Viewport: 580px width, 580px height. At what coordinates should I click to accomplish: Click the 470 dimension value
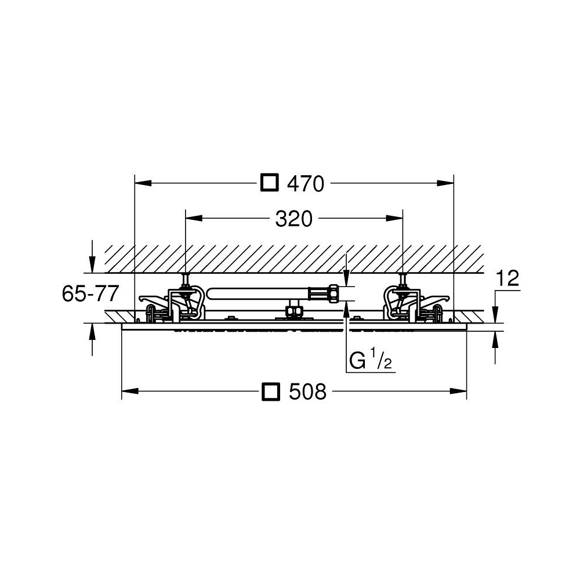[306, 183]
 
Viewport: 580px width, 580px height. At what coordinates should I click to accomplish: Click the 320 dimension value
[293, 219]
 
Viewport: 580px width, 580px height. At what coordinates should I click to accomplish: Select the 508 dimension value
[307, 391]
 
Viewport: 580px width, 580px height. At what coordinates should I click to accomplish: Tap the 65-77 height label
[90, 293]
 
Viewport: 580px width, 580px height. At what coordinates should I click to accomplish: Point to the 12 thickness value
[507, 278]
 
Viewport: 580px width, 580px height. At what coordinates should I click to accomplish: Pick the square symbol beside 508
[270, 391]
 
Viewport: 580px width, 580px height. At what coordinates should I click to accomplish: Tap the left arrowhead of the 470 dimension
[143, 183]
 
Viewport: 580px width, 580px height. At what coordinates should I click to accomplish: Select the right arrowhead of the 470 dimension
[445, 183]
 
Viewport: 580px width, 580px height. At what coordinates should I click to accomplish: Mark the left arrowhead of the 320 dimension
[194, 218]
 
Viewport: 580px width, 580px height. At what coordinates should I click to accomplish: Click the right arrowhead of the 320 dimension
[394, 218]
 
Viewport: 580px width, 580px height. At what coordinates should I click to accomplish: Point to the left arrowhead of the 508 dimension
[130, 391]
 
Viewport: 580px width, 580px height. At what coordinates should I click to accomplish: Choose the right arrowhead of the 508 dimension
[458, 391]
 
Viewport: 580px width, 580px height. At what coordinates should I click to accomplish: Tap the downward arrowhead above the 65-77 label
[92, 265]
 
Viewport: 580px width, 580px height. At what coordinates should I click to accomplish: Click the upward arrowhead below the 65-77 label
[92, 331]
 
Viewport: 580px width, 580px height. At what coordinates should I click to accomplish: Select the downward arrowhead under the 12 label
[495, 315]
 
